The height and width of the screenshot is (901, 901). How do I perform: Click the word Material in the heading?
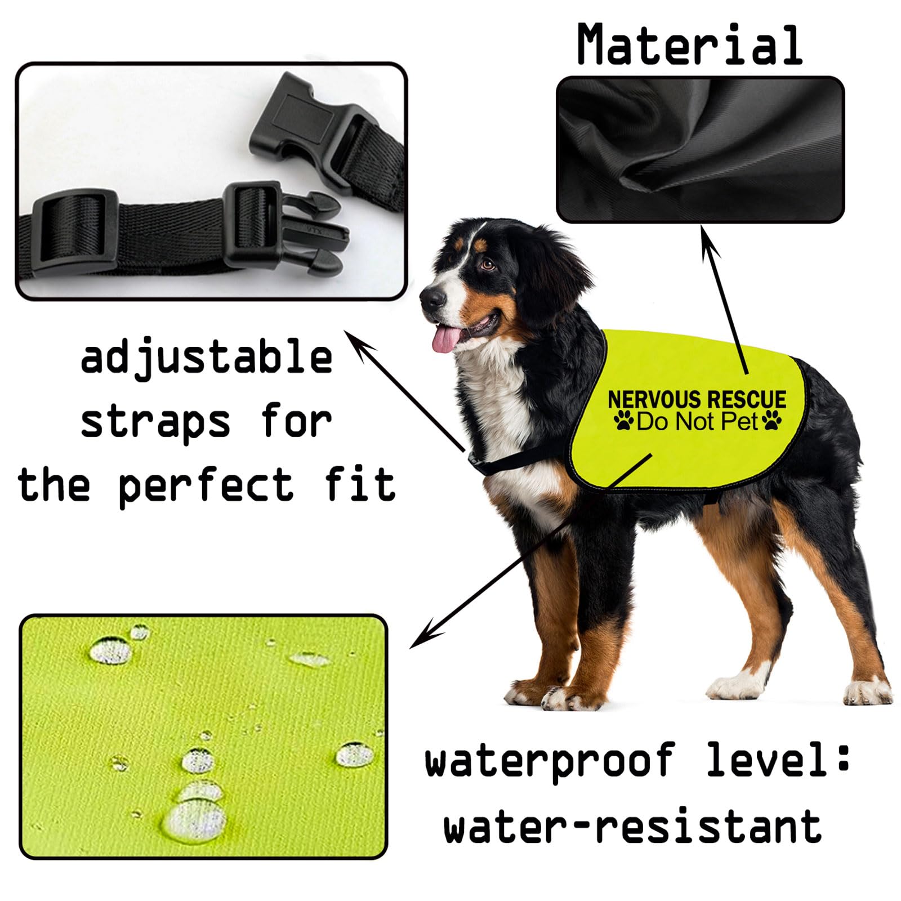690,45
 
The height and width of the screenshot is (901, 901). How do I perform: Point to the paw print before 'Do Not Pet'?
624,421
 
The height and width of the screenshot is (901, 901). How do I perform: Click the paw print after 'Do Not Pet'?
771,421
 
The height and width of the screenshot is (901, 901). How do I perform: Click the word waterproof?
550,761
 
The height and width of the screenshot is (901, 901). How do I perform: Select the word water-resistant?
632,826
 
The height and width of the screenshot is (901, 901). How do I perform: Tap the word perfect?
206,485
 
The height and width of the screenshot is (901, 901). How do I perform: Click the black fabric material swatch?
700,149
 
